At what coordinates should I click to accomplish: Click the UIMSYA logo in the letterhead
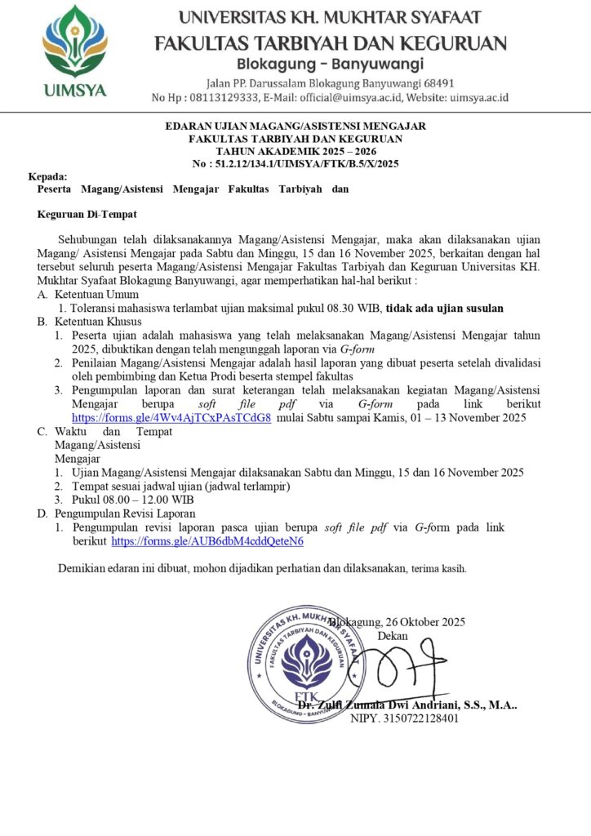click(x=74, y=51)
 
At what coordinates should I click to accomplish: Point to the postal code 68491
click(x=437, y=83)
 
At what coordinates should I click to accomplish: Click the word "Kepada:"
click(x=48, y=176)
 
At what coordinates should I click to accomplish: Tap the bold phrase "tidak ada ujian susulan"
click(x=444, y=308)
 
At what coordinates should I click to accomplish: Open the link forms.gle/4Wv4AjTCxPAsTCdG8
click(x=171, y=418)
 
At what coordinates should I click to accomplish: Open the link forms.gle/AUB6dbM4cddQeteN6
click(x=207, y=540)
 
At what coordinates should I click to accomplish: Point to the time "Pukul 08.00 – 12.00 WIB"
click(x=132, y=500)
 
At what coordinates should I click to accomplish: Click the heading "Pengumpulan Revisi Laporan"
click(x=125, y=514)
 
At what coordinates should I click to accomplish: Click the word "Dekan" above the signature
click(x=393, y=635)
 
